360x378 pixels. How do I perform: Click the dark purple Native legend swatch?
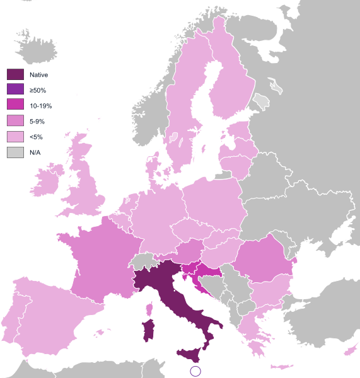click(x=15, y=74)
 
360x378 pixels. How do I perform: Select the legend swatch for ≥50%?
click(x=15, y=90)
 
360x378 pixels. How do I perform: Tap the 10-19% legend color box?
click(x=15, y=105)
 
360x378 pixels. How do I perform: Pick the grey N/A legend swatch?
click(x=15, y=152)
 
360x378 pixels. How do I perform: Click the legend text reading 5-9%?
click(x=37, y=121)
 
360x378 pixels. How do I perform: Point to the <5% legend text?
click(x=36, y=137)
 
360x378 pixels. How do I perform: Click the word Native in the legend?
click(x=38, y=74)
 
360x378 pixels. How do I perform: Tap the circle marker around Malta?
click(x=195, y=370)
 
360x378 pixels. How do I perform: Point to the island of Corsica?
click(x=150, y=308)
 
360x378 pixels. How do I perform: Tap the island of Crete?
click(x=281, y=366)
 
